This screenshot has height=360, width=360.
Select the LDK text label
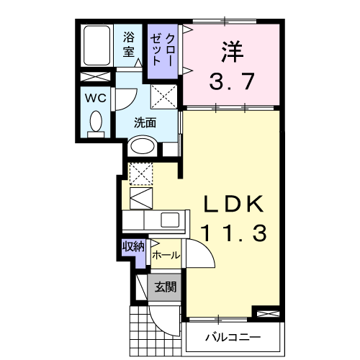tap(233, 204)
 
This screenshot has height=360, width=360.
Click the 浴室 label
tap(129, 44)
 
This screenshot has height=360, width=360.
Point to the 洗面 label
tap(145, 122)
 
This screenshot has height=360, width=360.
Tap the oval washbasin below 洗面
tap(142, 147)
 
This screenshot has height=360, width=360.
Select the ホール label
tap(166, 255)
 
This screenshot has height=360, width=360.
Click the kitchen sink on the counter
tap(172, 220)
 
